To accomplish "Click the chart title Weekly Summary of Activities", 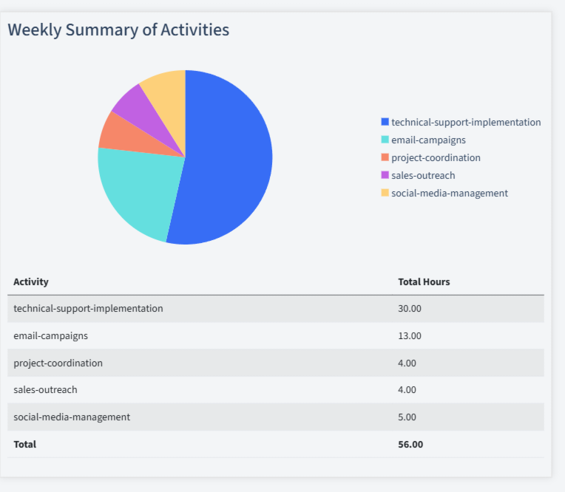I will click(118, 30).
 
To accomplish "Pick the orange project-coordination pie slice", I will click(118, 133).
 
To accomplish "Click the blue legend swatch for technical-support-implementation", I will click(385, 122).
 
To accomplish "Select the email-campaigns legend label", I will click(428, 140).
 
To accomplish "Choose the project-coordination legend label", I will click(436, 157).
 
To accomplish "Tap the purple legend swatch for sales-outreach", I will click(385, 175).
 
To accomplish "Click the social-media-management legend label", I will click(449, 193).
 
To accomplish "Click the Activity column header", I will click(31, 281).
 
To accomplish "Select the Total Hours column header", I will click(424, 281).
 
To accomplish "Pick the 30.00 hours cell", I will click(410, 308).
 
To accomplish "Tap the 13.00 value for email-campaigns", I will click(410, 335).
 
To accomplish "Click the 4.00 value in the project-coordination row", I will click(407, 363).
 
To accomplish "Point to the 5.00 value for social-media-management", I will click(407, 417).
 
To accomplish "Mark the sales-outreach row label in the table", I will click(45, 389).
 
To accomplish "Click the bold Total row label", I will click(24, 444).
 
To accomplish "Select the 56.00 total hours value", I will click(410, 444).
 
